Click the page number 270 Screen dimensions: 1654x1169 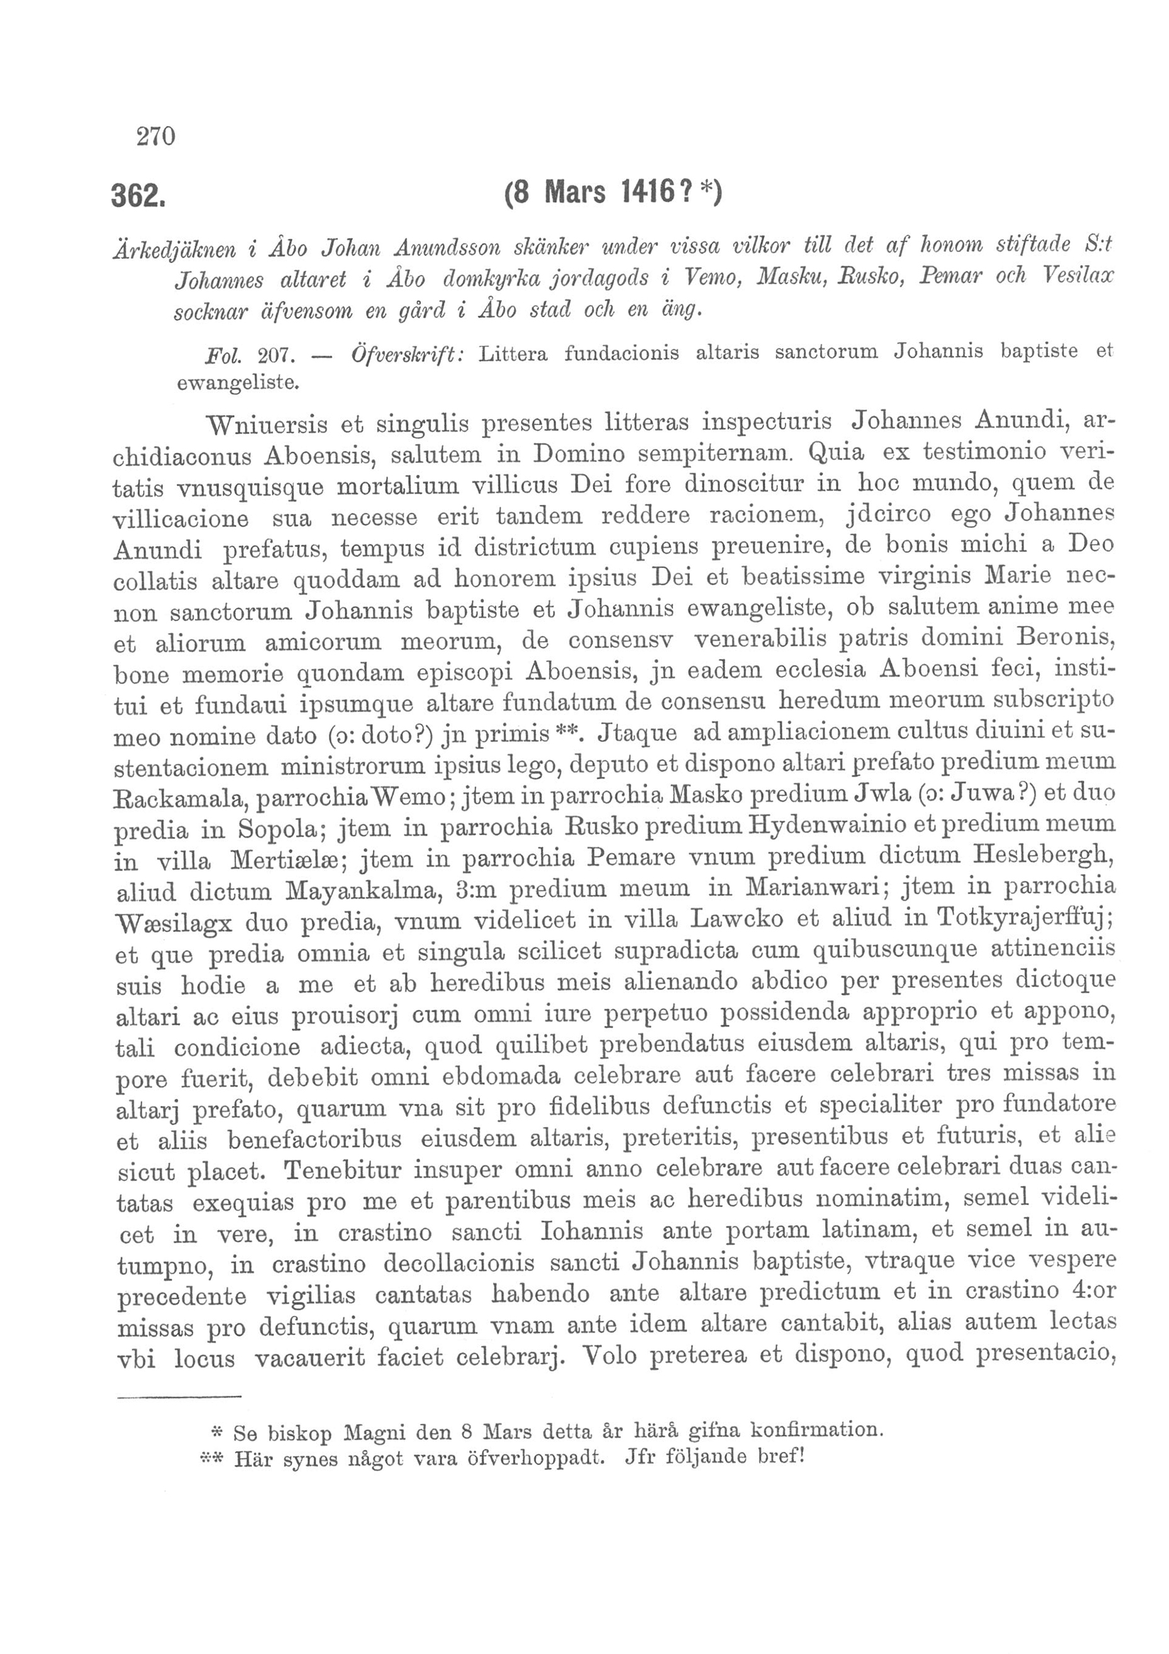click(x=156, y=135)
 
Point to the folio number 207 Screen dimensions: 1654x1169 click(x=273, y=355)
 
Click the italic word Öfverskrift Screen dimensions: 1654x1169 click(x=410, y=355)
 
